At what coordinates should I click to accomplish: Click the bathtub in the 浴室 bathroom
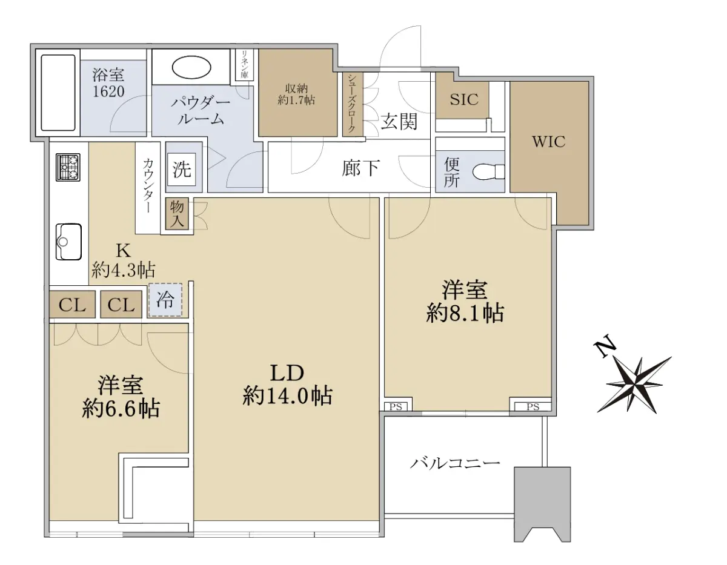click(x=58, y=93)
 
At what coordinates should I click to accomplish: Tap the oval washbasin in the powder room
click(x=191, y=68)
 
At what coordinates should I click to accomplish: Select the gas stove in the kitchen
click(x=68, y=168)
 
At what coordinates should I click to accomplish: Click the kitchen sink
click(x=68, y=242)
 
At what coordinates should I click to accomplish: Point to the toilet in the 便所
click(x=489, y=172)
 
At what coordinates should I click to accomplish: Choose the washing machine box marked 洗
click(x=182, y=169)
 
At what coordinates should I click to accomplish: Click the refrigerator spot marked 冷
click(x=165, y=300)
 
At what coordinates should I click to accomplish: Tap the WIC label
click(x=549, y=142)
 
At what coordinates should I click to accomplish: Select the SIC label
click(x=464, y=99)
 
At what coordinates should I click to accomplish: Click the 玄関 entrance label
click(x=399, y=121)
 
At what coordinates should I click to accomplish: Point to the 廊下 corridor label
click(x=360, y=168)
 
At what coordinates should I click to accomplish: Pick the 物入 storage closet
click(x=177, y=214)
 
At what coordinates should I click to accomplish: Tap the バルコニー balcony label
click(x=455, y=464)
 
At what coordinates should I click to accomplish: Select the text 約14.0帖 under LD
click(x=287, y=396)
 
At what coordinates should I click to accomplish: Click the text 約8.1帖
click(x=465, y=313)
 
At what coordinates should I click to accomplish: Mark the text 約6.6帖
click(x=121, y=408)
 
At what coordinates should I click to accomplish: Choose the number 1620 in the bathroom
click(x=108, y=91)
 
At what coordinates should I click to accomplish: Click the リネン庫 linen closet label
click(x=245, y=64)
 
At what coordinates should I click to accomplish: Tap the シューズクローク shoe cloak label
click(x=351, y=104)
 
